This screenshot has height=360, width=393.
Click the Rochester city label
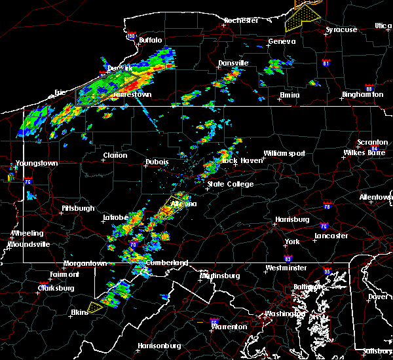[240, 20]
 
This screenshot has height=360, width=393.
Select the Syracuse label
[342, 30]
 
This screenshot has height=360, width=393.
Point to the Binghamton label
[362, 95]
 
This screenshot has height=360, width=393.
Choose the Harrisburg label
[292, 219]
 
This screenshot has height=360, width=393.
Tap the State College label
[231, 185]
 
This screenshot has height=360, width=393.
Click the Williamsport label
[284, 153]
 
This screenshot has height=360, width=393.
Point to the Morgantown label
[84, 264]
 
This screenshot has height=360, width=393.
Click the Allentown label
[376, 197]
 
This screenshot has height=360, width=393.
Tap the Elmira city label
[290, 95]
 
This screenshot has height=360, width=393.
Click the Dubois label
[157, 162]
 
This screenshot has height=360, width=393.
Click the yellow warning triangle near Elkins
[96, 306]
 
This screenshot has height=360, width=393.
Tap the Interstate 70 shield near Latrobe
[133, 244]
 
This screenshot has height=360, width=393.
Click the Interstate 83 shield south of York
[288, 259]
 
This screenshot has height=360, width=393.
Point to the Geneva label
[282, 42]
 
